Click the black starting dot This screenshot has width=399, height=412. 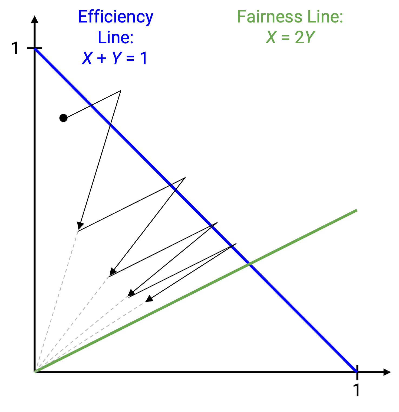coord(63,118)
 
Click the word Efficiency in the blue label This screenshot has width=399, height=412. coord(116,17)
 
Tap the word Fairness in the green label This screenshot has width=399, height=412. coord(269,17)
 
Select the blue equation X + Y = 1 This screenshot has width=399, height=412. coord(114,58)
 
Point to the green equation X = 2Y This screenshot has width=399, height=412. coord(290,37)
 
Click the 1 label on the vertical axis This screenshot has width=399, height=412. coord(16,48)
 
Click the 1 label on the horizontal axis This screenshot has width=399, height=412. coord(357,390)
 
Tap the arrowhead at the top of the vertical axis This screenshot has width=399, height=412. coord(35,19)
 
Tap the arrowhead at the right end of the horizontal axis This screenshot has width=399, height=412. coord(387,372)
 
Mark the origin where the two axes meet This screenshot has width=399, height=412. coord(35,372)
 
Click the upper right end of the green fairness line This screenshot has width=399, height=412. coord(357,210)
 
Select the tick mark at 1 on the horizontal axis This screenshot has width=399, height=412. coord(357,372)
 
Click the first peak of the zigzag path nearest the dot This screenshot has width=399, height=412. coord(120,90)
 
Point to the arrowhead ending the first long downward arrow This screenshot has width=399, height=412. coord(80,226)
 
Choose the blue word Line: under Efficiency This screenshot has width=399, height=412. coord(116,37)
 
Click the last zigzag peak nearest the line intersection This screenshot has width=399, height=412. coord(236,244)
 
